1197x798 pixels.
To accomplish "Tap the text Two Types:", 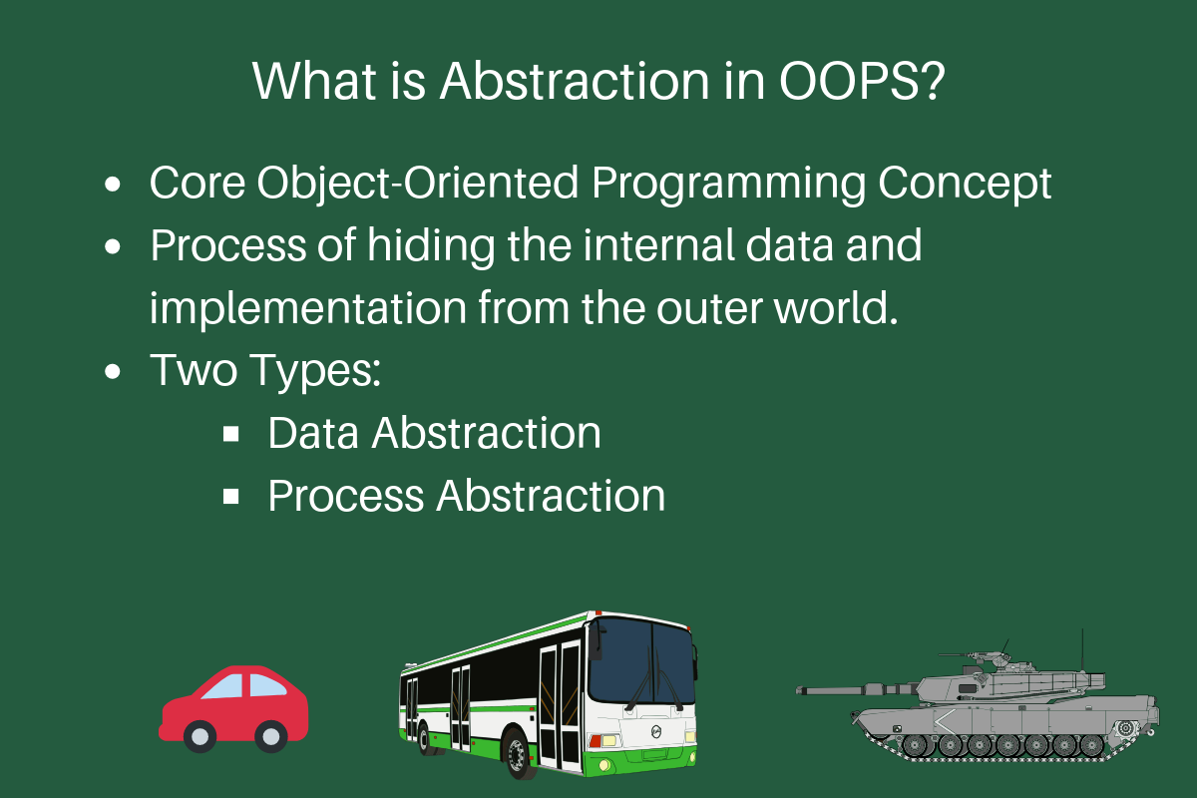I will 266,371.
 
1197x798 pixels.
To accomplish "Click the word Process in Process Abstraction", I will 346,496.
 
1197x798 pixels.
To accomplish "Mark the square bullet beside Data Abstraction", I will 231,434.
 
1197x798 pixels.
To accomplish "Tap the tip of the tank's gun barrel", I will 801,689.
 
